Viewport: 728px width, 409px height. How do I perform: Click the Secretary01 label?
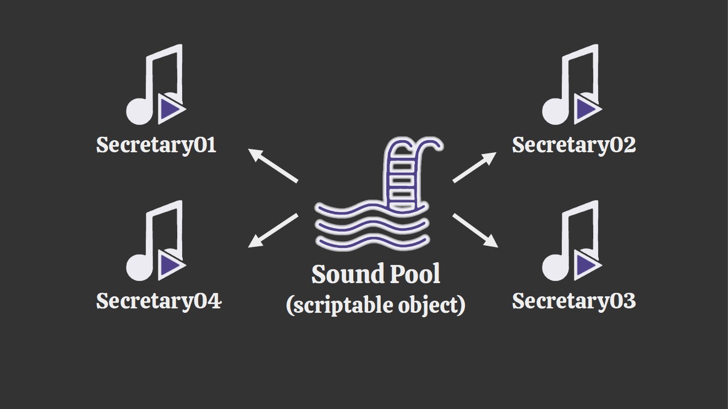[x=156, y=145]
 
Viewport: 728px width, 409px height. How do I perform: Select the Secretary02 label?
[x=574, y=145]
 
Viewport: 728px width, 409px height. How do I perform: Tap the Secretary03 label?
[x=574, y=301]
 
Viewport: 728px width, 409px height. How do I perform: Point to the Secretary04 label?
[x=158, y=301]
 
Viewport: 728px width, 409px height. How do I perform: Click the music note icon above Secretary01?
[x=156, y=85]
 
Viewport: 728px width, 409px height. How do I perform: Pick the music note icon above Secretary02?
[x=572, y=85]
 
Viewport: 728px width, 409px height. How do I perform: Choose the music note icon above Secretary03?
[x=572, y=241]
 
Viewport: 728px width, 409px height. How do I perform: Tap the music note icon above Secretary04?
[x=156, y=241]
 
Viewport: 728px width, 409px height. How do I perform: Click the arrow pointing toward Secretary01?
[x=273, y=165]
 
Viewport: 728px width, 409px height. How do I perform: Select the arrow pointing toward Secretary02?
[x=475, y=167]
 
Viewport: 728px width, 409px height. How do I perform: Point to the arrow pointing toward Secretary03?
[x=475, y=230]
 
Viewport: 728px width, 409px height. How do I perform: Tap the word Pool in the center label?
[x=415, y=274]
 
